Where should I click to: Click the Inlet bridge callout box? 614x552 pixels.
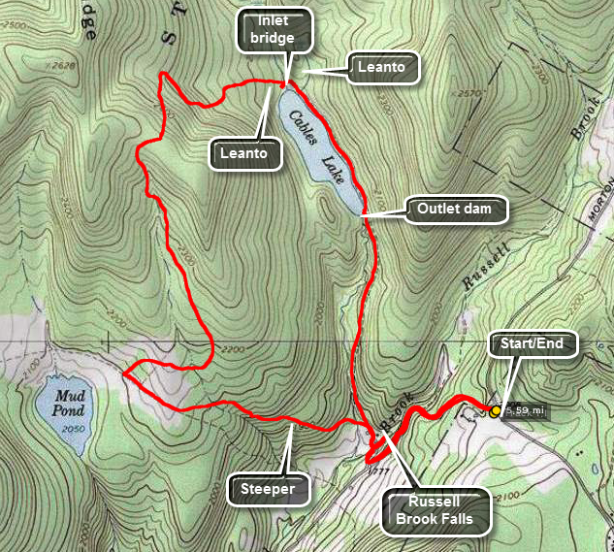point(276,30)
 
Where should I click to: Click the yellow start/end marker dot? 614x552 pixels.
point(496,411)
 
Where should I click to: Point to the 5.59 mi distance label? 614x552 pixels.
point(525,411)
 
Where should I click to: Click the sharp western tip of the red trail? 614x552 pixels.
point(123,372)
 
